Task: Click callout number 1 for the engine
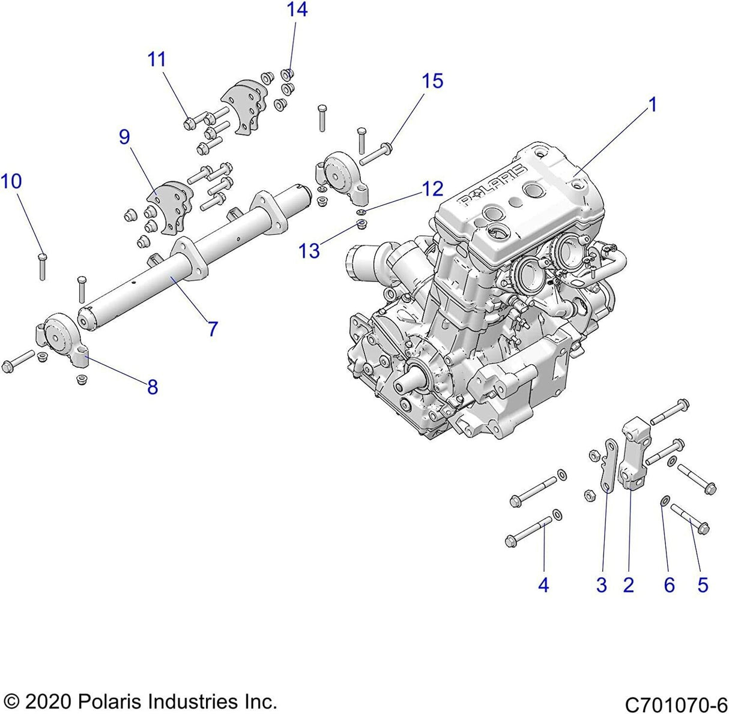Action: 652,105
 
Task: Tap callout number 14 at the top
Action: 297,10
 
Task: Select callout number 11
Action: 157,59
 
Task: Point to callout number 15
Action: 432,81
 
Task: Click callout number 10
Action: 11,181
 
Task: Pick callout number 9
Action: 124,137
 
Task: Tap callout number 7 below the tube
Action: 211,329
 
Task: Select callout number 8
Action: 153,387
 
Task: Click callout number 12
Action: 432,189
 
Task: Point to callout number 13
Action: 310,251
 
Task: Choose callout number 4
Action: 543,585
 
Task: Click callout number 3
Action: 602,585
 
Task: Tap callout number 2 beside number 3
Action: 628,585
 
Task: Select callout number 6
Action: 669,585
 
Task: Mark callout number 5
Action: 703,585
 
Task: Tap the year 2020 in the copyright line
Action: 47,701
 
